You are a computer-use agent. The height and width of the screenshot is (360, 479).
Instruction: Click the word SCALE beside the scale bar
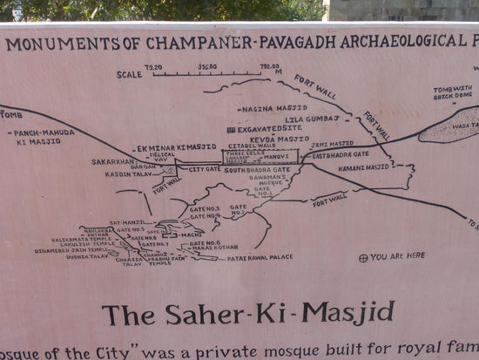[129, 74]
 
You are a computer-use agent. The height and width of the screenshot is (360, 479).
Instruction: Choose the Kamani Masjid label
[364, 166]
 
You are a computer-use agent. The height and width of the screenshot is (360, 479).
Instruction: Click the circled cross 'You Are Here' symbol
[363, 256]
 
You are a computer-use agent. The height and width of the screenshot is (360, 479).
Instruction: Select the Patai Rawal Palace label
[260, 258]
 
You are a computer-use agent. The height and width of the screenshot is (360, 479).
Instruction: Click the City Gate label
[205, 168]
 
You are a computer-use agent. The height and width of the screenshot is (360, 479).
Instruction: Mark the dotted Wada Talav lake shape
[449, 126]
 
